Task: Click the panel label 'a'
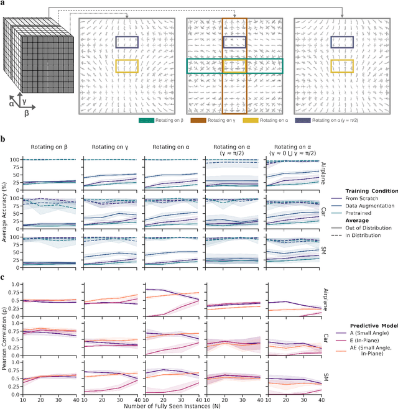pos(3,3)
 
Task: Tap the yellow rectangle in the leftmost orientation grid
pos(126,66)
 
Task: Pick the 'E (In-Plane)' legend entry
pos(362,341)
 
